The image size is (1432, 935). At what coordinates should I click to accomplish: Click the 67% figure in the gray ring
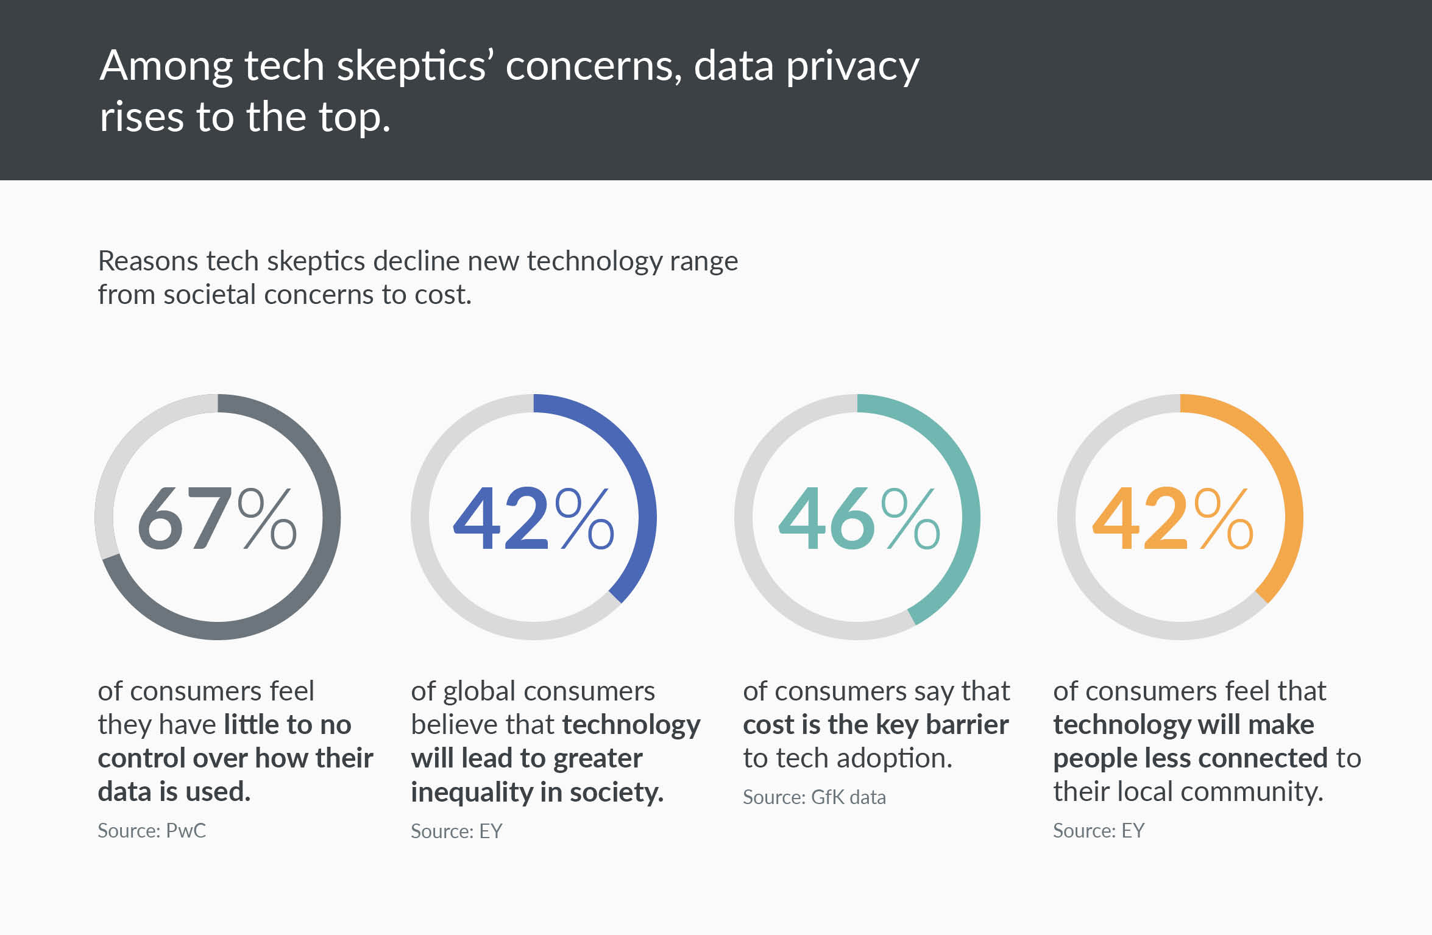(218, 518)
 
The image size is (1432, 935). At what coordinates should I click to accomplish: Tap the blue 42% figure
(534, 518)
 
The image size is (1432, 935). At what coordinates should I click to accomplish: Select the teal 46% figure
(859, 518)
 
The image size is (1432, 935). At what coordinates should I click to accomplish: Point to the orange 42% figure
(1173, 518)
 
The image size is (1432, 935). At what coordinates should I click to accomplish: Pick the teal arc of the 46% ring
(971, 518)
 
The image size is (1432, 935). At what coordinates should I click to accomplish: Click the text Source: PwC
(152, 831)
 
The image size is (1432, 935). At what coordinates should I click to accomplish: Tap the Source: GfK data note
(814, 797)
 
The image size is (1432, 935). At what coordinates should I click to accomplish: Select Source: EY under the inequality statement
(456, 831)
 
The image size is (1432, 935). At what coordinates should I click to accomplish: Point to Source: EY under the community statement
(1099, 831)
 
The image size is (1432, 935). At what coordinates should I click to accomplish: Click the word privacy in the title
(852, 68)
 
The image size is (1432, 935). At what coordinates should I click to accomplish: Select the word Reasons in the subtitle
(148, 261)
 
